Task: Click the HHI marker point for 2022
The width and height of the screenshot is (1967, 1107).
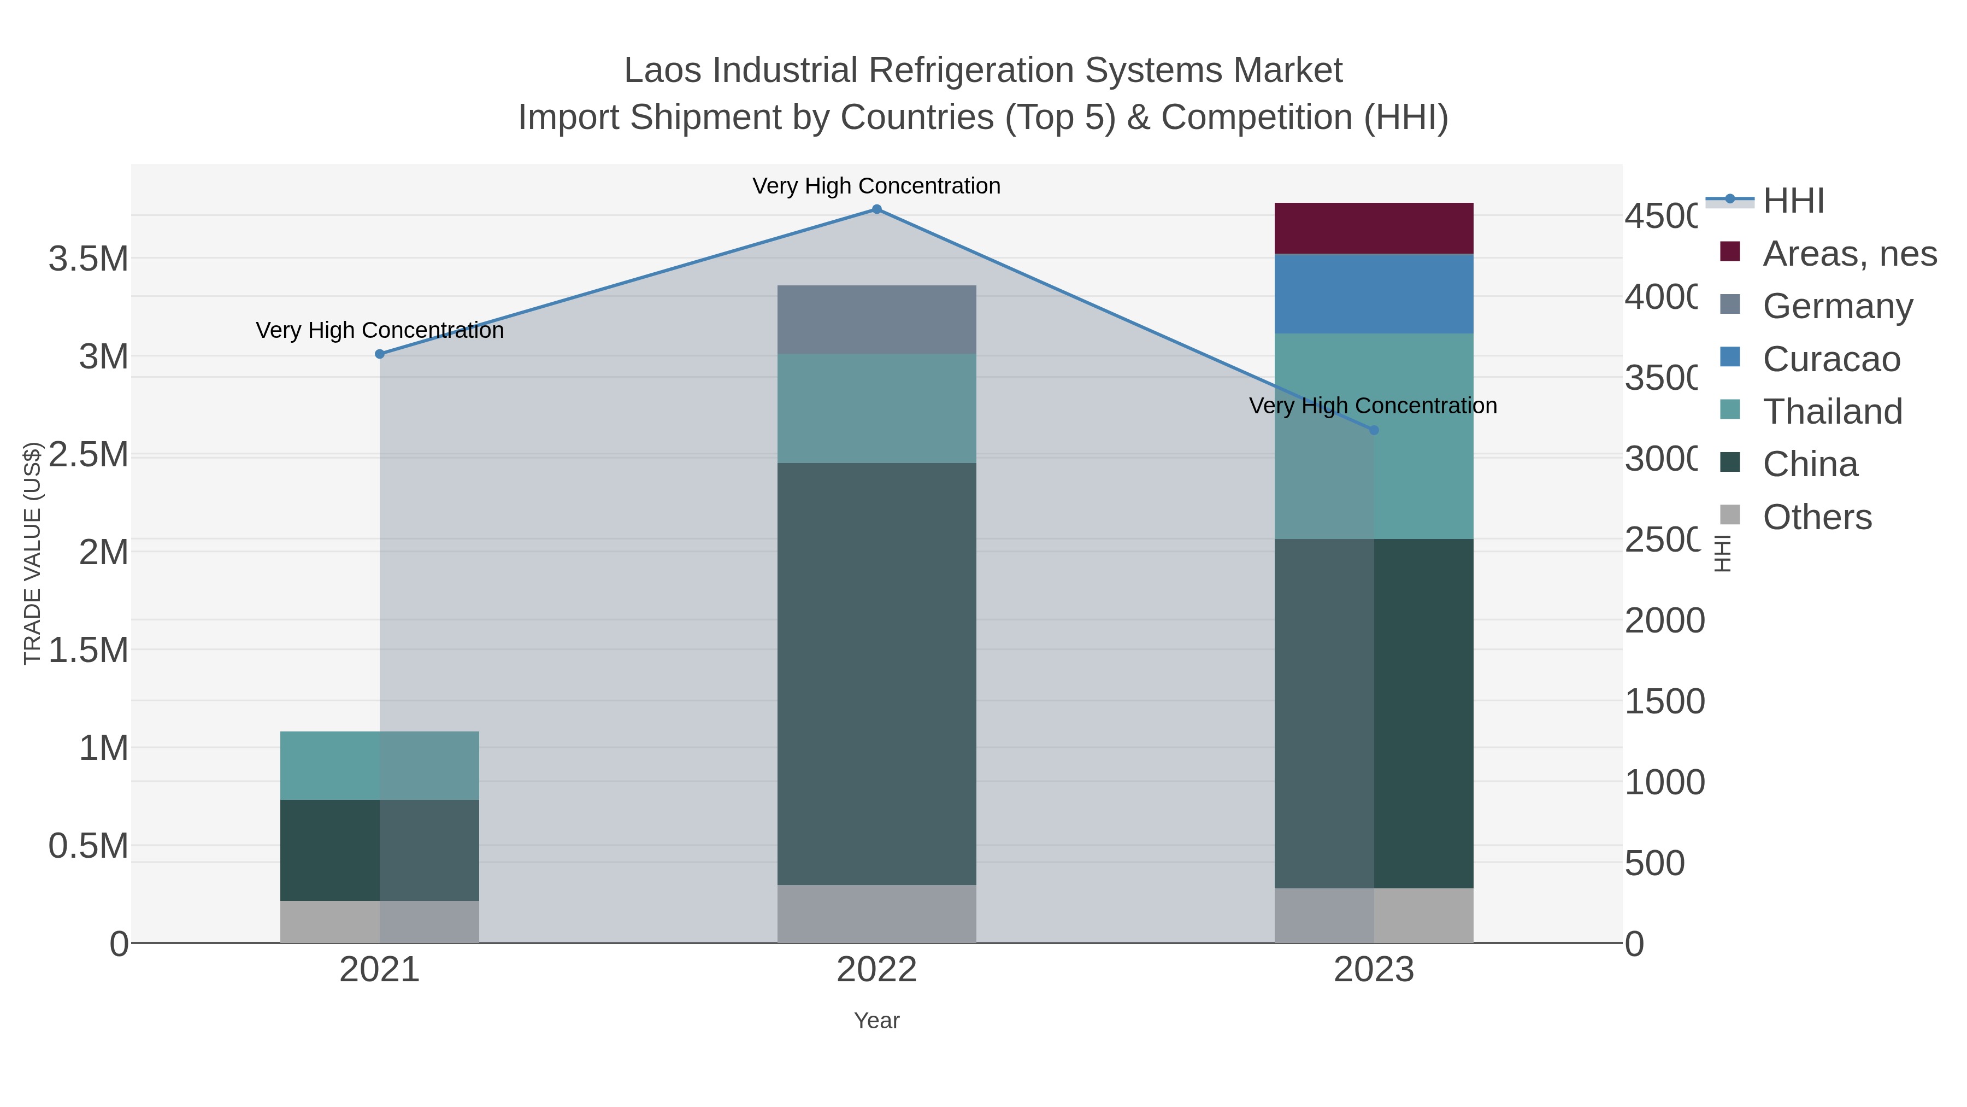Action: click(x=876, y=209)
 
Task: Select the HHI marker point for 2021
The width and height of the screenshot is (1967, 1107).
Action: click(x=380, y=354)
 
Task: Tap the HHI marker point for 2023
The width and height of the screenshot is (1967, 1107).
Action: click(x=1374, y=430)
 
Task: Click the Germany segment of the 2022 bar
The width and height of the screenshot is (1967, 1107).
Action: click(x=876, y=319)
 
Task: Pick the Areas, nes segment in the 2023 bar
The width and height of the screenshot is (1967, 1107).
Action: click(x=1374, y=229)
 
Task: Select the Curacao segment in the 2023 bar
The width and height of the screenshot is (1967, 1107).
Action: click(x=1374, y=294)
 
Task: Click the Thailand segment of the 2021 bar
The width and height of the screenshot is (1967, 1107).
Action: click(x=380, y=765)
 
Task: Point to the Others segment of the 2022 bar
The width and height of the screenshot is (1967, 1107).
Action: click(x=876, y=913)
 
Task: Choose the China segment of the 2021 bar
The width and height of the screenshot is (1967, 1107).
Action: click(x=380, y=850)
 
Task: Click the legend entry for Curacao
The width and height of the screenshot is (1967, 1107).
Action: click(x=1831, y=359)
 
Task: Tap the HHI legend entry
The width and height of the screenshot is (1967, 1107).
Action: click(x=1793, y=201)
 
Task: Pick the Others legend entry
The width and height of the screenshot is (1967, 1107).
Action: click(x=1817, y=517)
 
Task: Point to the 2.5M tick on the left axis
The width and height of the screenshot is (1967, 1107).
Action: click(x=89, y=455)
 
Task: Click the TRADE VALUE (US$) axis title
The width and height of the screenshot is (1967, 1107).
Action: click(x=32, y=553)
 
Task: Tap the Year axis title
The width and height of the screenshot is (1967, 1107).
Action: click(x=876, y=1021)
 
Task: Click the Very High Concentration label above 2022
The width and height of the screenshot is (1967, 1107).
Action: click(x=876, y=186)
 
